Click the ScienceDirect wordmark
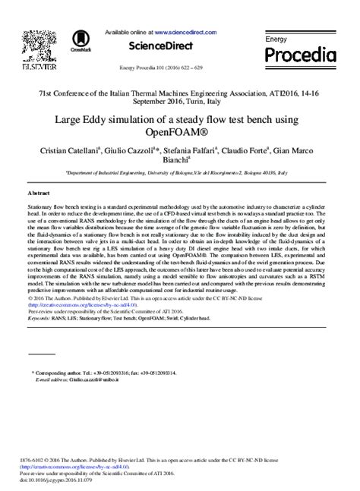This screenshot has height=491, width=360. (x=161, y=46)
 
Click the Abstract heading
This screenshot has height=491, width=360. (x=39, y=194)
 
